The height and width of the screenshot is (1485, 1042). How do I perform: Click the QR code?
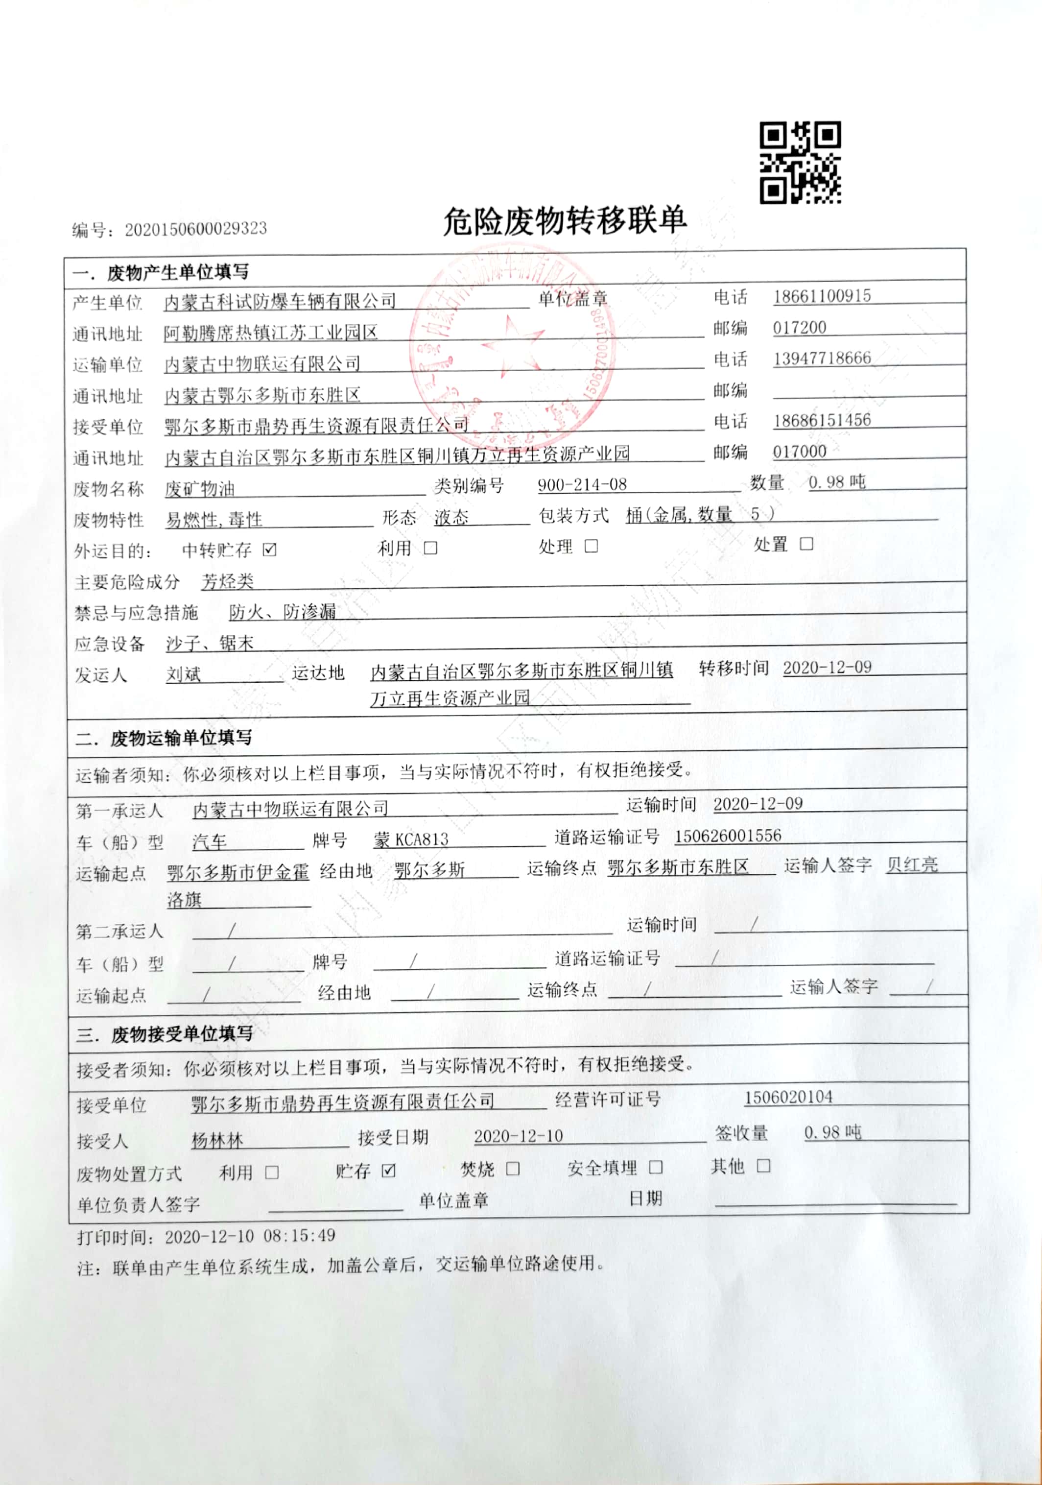click(x=800, y=162)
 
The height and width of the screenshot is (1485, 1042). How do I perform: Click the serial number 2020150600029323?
click(x=195, y=229)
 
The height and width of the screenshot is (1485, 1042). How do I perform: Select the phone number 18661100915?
click(x=822, y=296)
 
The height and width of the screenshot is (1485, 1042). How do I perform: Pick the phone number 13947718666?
click(x=822, y=359)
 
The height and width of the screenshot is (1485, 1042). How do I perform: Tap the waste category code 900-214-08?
click(x=582, y=484)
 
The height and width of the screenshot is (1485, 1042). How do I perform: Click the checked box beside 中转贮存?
click(x=270, y=550)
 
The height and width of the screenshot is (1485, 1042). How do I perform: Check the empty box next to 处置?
click(x=806, y=544)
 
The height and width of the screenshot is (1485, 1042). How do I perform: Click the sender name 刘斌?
click(x=184, y=674)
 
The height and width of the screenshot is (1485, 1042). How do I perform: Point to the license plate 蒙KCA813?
click(x=411, y=840)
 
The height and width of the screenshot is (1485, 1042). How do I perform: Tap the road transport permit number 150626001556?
click(x=728, y=836)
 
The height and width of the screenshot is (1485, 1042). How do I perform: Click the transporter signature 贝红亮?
click(x=912, y=865)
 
